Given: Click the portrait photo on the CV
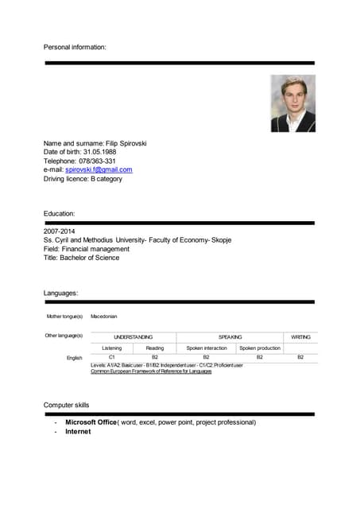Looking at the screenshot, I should point(292,103).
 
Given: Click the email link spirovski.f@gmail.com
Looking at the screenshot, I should point(99,169).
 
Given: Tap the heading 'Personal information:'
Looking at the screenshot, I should point(75,48).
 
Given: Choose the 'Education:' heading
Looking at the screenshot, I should point(60,213).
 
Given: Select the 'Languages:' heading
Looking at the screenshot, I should point(60,293).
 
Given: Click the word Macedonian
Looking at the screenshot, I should point(104,317).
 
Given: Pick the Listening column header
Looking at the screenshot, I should point(112,348).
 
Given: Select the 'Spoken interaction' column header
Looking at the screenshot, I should point(207,348).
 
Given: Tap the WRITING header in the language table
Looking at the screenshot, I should point(300,337).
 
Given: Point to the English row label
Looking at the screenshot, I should point(74,358).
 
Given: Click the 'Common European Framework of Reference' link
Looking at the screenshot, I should point(151,371).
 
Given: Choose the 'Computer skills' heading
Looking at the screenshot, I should point(69,406).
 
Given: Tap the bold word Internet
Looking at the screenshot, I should point(78,432).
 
